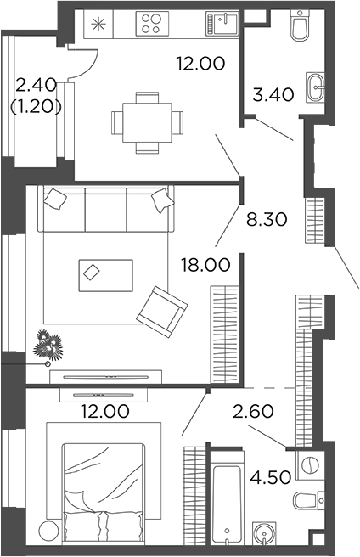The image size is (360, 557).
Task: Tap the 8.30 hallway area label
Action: click(266, 219)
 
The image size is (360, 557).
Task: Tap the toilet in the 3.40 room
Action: click(298, 28)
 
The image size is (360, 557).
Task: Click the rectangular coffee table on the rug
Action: click(105, 273)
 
